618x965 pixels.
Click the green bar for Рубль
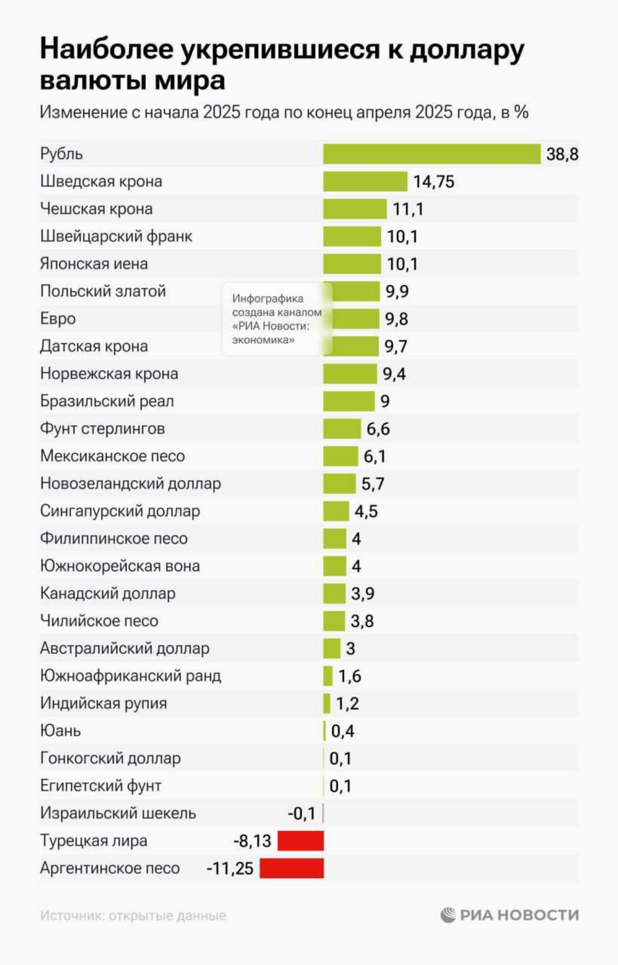click(432, 154)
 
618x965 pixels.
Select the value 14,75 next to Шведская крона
click(434, 182)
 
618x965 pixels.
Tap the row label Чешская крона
click(96, 209)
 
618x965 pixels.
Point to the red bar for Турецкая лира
click(301, 840)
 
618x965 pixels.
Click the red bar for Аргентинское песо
click(291, 868)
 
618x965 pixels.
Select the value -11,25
click(230, 869)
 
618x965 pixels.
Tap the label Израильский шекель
click(118, 813)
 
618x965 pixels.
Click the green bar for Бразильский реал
click(349, 401)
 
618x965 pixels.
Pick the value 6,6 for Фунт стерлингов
click(378, 429)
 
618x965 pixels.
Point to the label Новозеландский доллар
click(130, 484)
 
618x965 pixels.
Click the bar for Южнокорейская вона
click(335, 566)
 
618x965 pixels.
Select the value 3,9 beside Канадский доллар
click(363, 594)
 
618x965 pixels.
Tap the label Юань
click(60, 731)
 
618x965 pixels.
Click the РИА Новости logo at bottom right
click(510, 915)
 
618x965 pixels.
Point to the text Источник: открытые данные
click(133, 916)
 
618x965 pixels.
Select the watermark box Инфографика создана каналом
click(277, 319)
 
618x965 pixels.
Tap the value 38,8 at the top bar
click(562, 154)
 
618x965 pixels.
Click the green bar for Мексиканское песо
click(340, 456)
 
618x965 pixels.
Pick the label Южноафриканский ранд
click(130, 676)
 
